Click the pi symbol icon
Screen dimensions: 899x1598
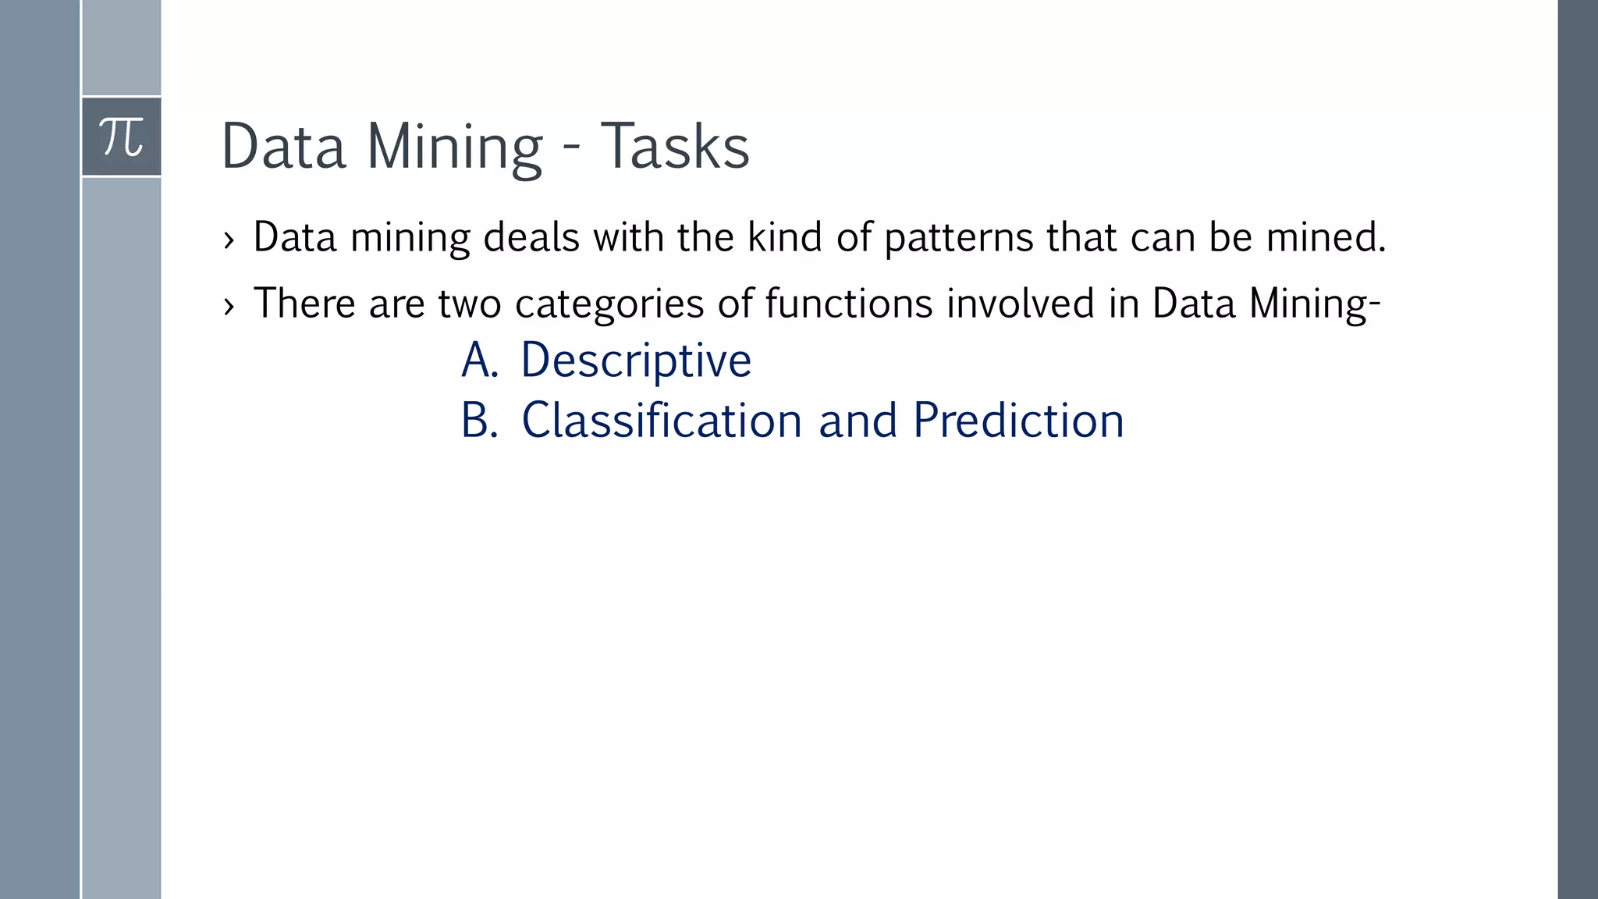pos(122,137)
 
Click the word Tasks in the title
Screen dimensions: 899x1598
pos(674,147)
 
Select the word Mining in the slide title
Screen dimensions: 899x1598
pos(454,147)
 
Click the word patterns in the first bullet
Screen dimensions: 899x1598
pos(959,238)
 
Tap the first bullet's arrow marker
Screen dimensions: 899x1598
pos(229,240)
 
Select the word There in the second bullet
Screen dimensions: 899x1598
pos(304,303)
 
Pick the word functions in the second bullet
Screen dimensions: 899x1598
pos(848,303)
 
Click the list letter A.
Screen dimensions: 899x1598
pos(478,361)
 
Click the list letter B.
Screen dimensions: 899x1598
pos(478,421)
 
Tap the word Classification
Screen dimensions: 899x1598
pos(661,421)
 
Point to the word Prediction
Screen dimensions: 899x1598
pos(1017,421)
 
